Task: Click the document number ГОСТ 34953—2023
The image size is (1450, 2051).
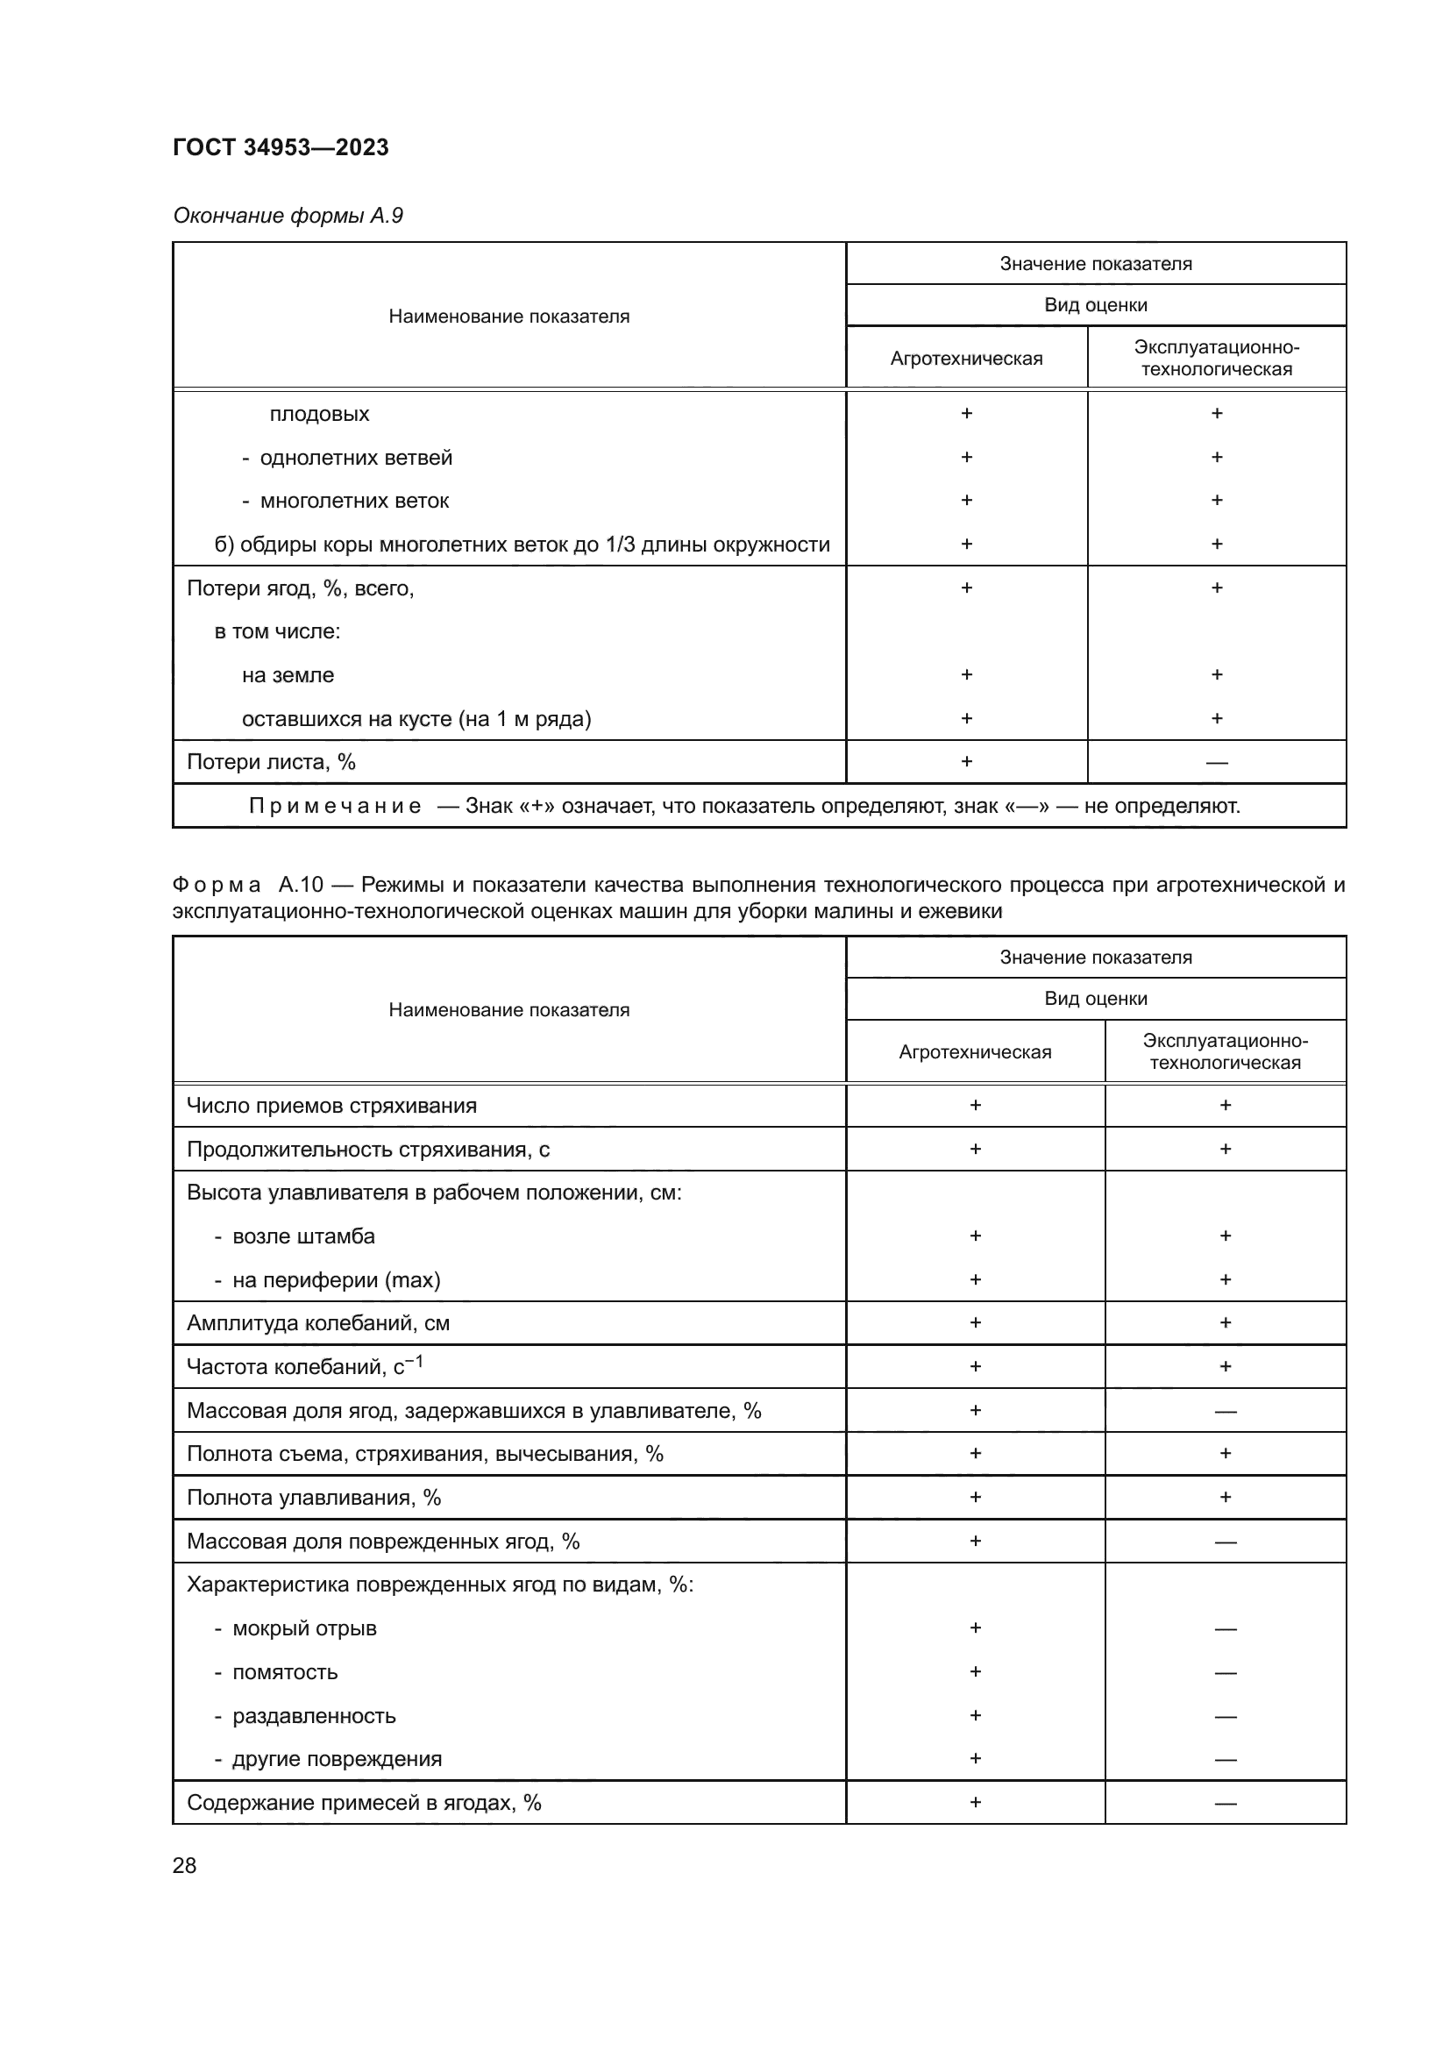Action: (x=281, y=147)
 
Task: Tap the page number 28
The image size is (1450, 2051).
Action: (x=184, y=1865)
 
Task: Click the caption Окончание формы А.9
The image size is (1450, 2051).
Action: (x=288, y=216)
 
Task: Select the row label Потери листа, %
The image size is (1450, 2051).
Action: (x=271, y=762)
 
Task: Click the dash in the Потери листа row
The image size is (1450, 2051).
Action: (x=1216, y=763)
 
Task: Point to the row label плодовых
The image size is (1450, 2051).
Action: (x=319, y=415)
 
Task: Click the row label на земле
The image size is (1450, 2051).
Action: (x=288, y=675)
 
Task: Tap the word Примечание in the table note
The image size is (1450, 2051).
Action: (x=335, y=806)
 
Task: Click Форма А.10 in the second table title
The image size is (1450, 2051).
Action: (x=247, y=885)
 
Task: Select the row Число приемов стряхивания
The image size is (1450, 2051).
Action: (x=331, y=1106)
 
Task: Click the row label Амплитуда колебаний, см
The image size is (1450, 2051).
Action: (x=318, y=1323)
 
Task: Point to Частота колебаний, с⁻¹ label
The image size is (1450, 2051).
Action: (x=304, y=1367)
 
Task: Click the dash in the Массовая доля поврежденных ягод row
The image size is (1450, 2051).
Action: (x=1225, y=1542)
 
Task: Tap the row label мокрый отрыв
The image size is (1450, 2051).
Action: (x=303, y=1628)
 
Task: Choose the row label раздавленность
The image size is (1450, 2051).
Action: (x=313, y=1716)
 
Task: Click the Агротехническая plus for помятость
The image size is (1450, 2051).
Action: (x=975, y=1671)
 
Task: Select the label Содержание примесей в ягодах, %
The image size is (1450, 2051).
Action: (x=364, y=1803)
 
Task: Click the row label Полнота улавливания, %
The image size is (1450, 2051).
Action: (x=313, y=1497)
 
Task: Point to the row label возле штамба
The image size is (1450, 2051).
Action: (x=302, y=1236)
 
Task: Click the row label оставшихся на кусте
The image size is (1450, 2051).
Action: (x=416, y=719)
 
